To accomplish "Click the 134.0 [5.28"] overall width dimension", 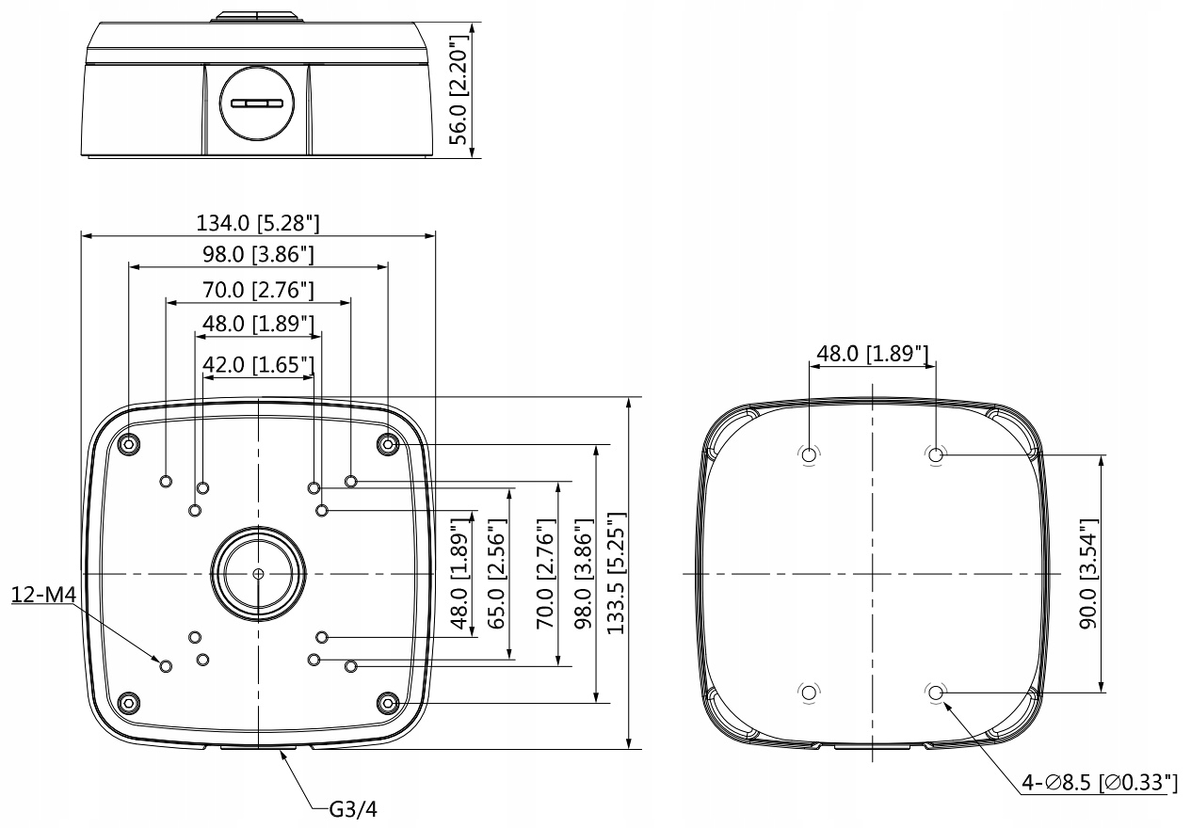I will coord(258,223).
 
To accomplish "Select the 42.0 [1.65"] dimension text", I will coord(258,364).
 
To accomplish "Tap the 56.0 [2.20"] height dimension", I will coord(459,90).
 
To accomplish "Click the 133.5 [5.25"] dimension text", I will coord(617,573).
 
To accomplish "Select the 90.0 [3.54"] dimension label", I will coord(1087,573).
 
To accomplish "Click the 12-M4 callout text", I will coord(42,595).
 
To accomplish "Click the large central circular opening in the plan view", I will coord(258,573).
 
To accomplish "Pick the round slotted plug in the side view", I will coord(258,103).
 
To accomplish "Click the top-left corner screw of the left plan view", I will coord(129,443).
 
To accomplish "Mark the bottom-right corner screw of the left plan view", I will coord(387,702).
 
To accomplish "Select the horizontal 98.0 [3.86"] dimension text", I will coord(258,255).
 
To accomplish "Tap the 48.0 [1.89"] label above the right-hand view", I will coord(873,354).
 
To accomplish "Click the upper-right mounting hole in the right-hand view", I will coord(936,454).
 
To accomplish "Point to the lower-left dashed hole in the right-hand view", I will coord(808,693).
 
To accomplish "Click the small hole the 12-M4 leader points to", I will coord(166,665).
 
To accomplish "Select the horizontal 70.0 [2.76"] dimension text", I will coord(258,289).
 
